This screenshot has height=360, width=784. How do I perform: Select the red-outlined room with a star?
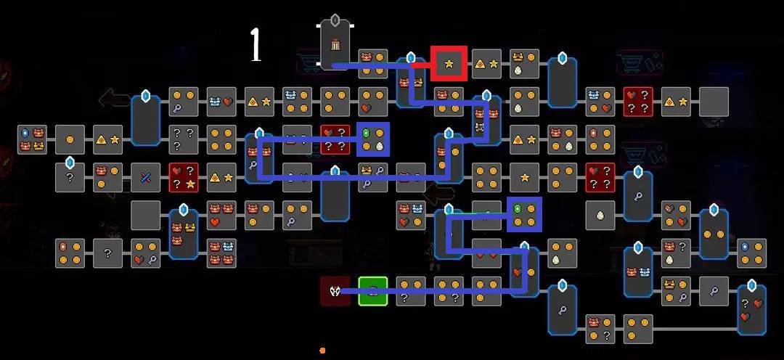tap(449, 64)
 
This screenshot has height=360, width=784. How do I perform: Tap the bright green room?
tap(372, 291)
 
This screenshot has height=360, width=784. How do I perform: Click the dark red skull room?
tap(335, 291)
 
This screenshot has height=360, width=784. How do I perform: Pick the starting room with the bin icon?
tap(335, 47)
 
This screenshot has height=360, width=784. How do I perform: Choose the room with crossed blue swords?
tap(145, 178)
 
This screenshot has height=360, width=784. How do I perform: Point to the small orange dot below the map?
tap(322, 351)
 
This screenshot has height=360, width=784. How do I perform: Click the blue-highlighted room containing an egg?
tap(373, 139)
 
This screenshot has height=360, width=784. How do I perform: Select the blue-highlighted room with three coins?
tap(524, 215)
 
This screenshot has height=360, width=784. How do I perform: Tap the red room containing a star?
tap(184, 178)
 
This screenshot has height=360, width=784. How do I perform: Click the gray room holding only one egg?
tap(600, 215)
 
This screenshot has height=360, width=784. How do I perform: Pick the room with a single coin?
tap(70, 139)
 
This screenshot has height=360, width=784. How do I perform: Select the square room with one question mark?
tap(107, 253)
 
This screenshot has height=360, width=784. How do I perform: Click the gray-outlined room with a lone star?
tap(524, 178)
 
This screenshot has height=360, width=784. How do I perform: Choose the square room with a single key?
tap(714, 291)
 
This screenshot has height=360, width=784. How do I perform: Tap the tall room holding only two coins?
tap(714, 234)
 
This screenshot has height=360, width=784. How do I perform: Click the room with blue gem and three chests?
tap(32, 139)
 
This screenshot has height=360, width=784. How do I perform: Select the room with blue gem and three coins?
tap(751, 253)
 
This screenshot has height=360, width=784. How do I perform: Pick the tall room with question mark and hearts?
tap(751, 310)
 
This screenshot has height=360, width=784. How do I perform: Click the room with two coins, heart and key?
tap(145, 253)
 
